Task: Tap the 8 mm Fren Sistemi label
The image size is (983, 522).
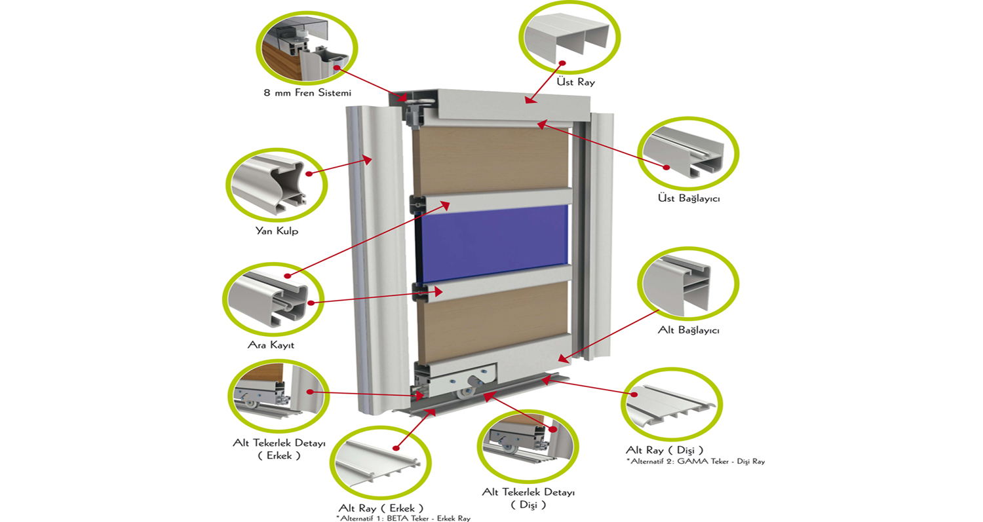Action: pos(307,92)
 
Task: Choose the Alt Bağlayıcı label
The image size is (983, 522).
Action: pos(689,331)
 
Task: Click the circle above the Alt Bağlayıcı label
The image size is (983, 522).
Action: pos(687,284)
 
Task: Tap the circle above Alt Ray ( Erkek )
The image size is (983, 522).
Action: pos(380,460)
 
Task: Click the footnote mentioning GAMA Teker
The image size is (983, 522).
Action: pos(695,461)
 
